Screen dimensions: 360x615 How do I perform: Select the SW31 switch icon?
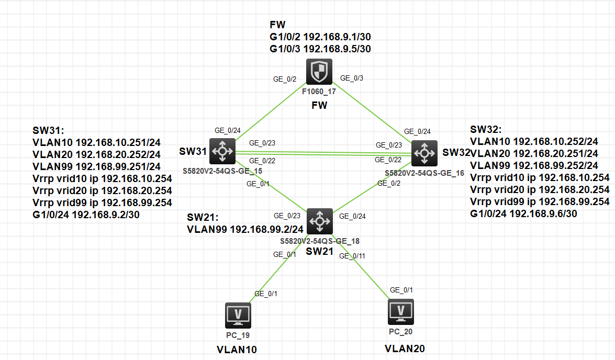[222, 152]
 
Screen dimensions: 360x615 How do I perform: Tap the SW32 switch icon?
[424, 153]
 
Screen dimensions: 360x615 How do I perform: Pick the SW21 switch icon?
[319, 221]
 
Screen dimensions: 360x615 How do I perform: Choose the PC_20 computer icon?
[401, 312]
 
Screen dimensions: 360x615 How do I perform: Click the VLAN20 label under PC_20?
[405, 348]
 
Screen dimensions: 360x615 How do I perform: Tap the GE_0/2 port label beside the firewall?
[285, 80]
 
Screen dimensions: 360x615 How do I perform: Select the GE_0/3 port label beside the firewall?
[352, 78]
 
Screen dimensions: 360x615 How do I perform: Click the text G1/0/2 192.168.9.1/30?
[320, 37]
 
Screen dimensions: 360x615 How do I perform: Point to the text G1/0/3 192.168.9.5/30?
[320, 49]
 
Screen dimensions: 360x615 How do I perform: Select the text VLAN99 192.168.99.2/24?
[245, 229]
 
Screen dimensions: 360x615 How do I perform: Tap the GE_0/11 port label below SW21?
[352, 256]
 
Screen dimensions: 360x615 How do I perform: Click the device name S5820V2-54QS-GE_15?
[222, 171]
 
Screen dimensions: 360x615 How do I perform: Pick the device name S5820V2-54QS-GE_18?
[319, 241]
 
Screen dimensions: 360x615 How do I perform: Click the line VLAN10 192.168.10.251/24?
[97, 142]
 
